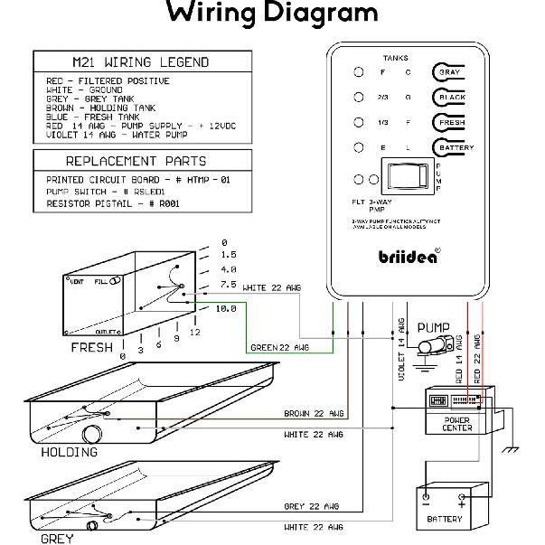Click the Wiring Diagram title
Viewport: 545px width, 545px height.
pos(272,13)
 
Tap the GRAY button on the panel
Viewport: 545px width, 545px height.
pos(449,71)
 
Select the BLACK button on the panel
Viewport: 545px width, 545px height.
pos(449,97)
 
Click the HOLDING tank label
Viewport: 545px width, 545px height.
pos(69,452)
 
